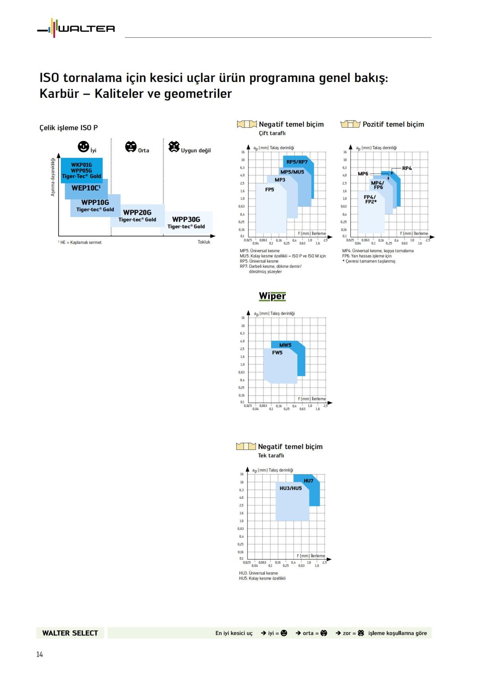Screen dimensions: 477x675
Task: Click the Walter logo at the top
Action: point(76,28)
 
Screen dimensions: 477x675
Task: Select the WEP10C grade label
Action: point(86,188)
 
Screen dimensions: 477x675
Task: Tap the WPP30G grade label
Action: point(186,220)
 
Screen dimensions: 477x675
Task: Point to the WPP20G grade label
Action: point(137,212)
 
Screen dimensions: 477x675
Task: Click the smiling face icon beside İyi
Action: point(83,147)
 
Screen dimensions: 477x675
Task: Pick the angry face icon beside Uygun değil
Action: point(174,147)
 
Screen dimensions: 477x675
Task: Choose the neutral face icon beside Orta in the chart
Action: point(131,147)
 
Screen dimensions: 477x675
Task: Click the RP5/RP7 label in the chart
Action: point(297,162)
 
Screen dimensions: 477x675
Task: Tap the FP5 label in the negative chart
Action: point(270,190)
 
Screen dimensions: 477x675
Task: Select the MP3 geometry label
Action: point(280,180)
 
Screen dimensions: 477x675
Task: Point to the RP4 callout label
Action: point(407,168)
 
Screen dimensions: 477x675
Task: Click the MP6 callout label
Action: point(363,173)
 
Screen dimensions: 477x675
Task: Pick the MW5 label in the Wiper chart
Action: point(285,345)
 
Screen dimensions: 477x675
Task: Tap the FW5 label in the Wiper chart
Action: point(277,352)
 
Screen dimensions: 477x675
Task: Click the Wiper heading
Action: point(272,296)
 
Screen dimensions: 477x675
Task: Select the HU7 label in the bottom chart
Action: point(308,480)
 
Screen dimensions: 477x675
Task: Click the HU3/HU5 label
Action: point(291,488)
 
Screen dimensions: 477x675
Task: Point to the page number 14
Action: point(39,654)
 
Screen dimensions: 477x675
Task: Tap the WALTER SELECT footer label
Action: point(70,633)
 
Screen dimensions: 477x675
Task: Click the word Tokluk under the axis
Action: point(204,242)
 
